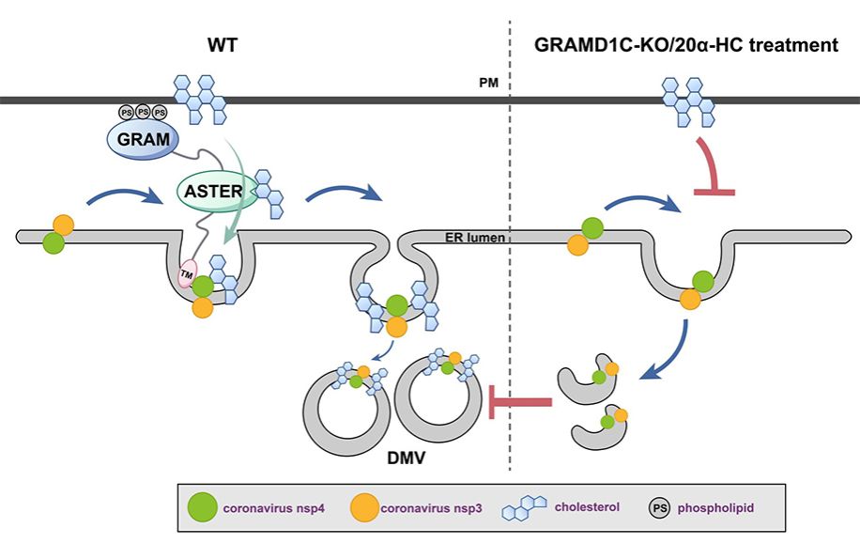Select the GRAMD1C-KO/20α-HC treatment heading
pyautogui.click(x=686, y=45)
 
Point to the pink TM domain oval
pyautogui.click(x=188, y=272)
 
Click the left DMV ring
pyautogui.click(x=342, y=407)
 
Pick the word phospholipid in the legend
pyautogui.click(x=721, y=509)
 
